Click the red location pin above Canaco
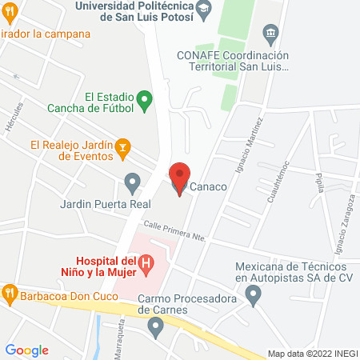[x=180, y=176]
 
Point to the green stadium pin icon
[x=145, y=101]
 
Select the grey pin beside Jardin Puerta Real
[x=131, y=185]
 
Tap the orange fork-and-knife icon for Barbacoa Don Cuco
[x=10, y=293]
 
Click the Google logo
[x=27, y=350]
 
